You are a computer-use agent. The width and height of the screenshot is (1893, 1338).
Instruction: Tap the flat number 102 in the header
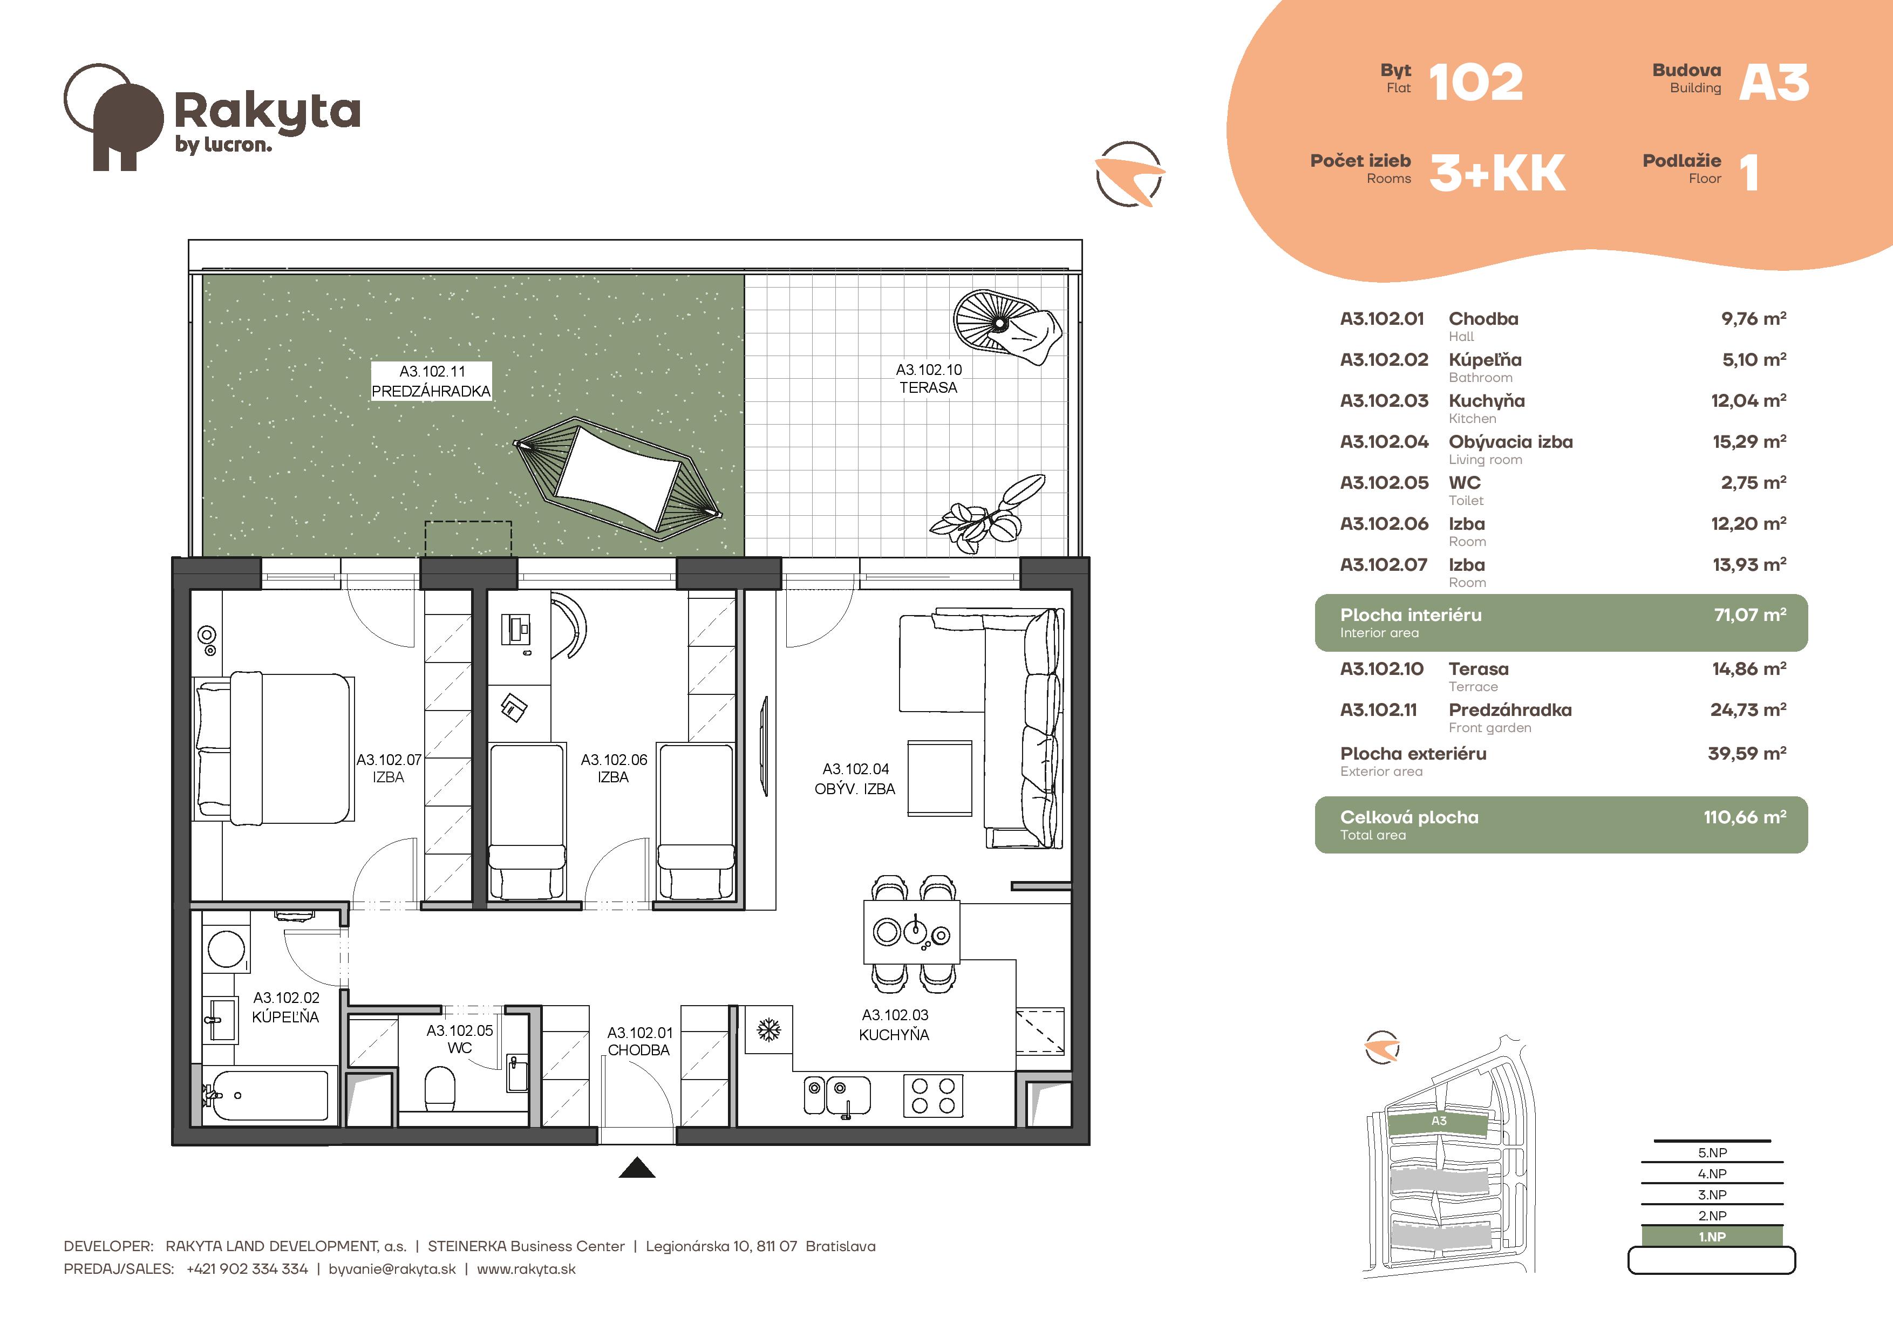tap(1476, 83)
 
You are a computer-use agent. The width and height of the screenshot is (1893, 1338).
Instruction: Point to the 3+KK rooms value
tap(1497, 173)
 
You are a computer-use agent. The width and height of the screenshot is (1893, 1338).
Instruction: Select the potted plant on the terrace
tap(988, 514)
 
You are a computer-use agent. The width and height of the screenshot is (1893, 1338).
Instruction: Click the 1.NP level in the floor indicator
tap(1712, 1237)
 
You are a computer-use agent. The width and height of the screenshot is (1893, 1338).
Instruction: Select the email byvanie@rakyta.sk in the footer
tap(392, 1269)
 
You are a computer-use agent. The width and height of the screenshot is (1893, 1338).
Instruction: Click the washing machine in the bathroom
tap(226, 949)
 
